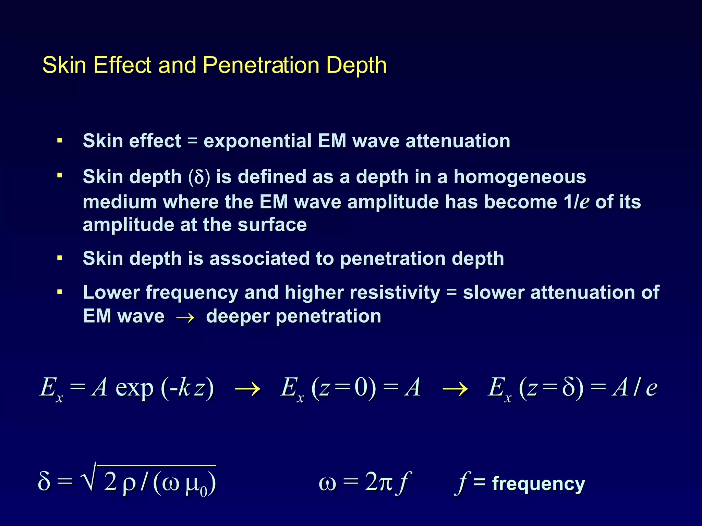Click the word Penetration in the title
pos(261,65)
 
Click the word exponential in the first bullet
pos(257,141)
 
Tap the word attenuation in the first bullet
pos(458,141)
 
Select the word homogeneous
pos(520,177)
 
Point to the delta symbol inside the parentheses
pos(199,177)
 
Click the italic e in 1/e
pos(584,202)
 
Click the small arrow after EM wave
pos(185,317)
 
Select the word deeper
pos(238,316)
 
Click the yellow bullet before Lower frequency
pos(60,292)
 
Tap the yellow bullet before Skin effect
pos(60,140)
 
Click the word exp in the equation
pos(134,388)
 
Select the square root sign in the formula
pos(88,478)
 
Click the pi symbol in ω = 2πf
pos(385,483)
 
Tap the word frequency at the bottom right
pos(538,484)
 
